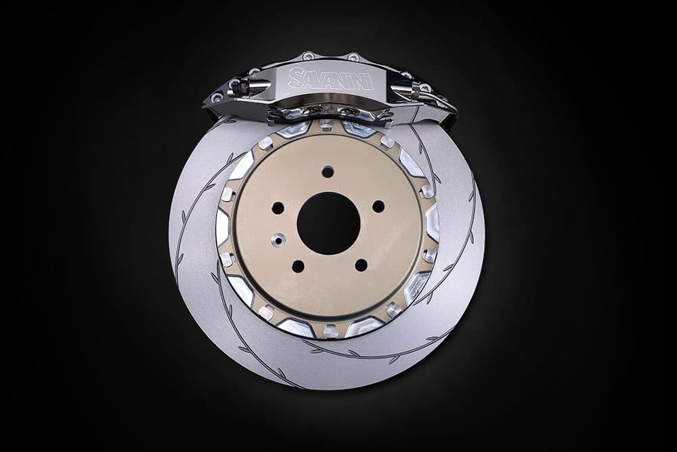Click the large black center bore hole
(x=328, y=224)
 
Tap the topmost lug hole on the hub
(x=328, y=171)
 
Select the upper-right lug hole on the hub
(x=378, y=207)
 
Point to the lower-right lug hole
(x=361, y=266)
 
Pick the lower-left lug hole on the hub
(x=298, y=266)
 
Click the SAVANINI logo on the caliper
(x=330, y=79)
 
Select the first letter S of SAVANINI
(x=297, y=77)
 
